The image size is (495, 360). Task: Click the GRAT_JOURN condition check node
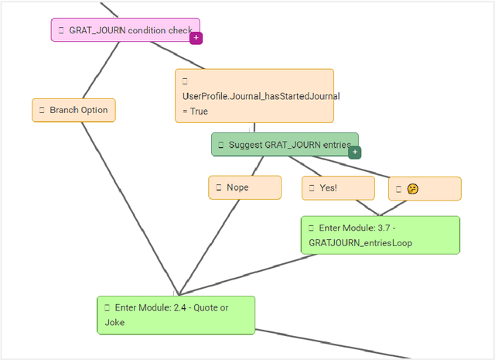pos(125,30)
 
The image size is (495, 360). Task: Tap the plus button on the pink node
pos(196,37)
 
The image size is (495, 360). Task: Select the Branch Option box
pos(73,110)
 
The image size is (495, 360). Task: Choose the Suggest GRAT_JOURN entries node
pos(284,144)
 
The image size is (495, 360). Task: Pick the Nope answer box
pos(244,187)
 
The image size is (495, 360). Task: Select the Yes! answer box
pos(338,188)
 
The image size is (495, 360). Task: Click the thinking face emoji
pos(413,189)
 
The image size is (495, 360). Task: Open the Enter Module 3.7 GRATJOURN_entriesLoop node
pos(380,235)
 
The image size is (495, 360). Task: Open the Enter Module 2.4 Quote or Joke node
pos(176,314)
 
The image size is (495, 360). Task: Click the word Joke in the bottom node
pos(114,322)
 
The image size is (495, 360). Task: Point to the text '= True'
pos(195,111)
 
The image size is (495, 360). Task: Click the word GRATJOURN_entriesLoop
pos(360,242)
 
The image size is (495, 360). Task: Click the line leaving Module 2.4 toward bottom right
pos(333,344)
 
